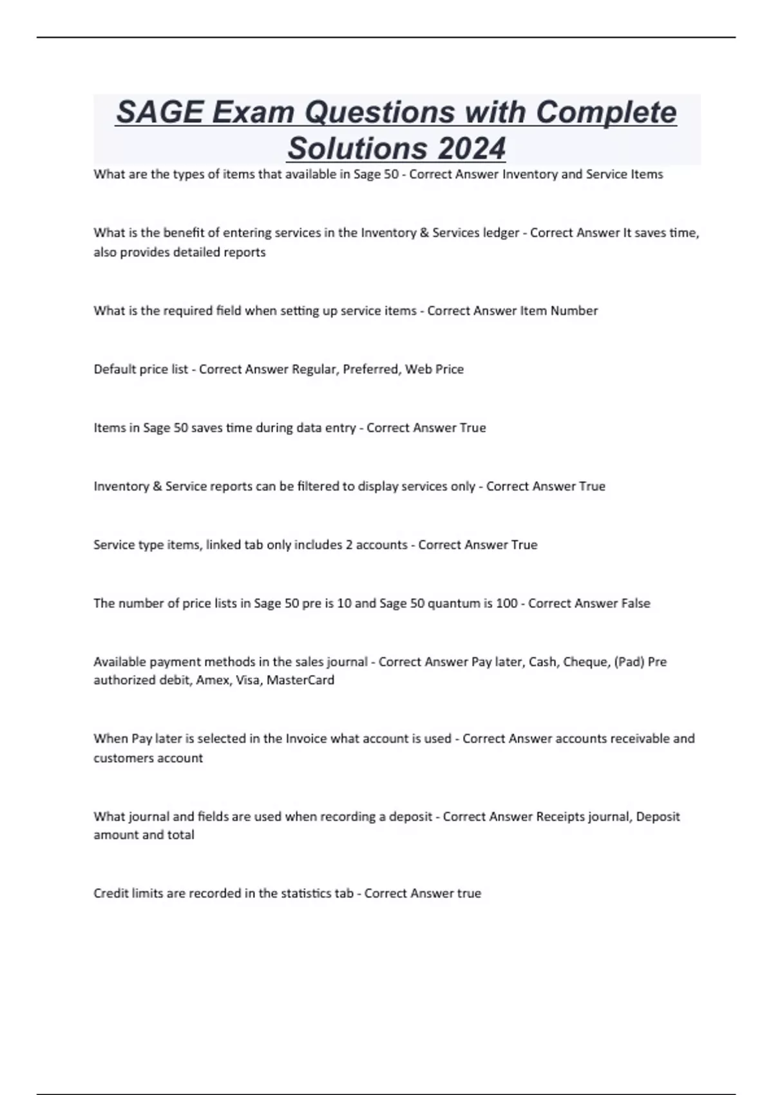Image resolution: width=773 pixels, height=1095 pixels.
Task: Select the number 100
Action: [507, 603]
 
